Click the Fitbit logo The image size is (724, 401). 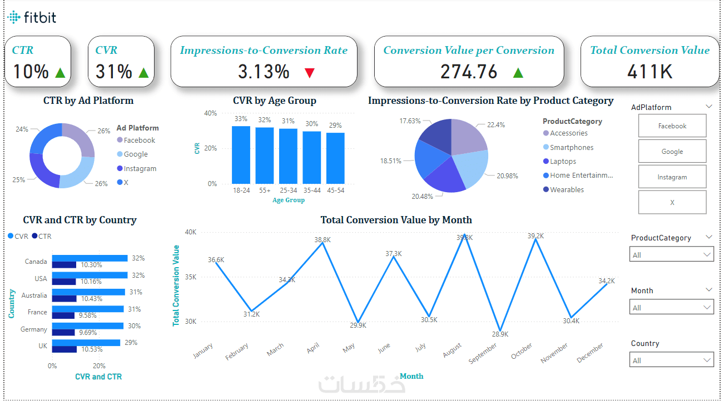(32, 18)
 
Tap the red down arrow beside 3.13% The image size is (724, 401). (310, 72)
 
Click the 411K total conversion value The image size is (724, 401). (649, 72)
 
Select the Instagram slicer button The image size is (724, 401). (672, 177)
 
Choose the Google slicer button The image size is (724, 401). (672, 152)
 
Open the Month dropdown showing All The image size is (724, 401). (672, 308)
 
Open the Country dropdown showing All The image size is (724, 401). (672, 360)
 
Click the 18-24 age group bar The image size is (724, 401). (241, 155)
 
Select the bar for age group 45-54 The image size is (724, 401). (335, 158)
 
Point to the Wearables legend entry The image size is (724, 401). (567, 190)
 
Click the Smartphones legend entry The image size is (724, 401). (571, 148)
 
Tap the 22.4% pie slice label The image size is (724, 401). (496, 125)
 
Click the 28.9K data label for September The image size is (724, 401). (499, 334)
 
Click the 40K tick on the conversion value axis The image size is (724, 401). (190, 232)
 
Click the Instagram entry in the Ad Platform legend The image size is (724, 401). (140, 169)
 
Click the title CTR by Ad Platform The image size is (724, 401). (88, 101)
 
